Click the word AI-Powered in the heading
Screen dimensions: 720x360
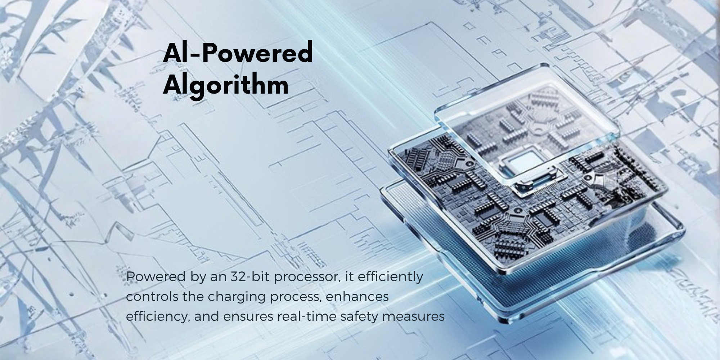point(238,53)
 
